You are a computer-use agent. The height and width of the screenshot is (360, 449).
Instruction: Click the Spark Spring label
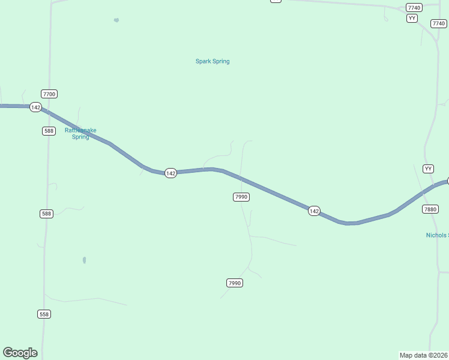(x=212, y=61)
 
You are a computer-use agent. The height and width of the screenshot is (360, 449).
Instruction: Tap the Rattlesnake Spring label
(x=80, y=133)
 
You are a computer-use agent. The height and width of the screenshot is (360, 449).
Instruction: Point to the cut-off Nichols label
(x=437, y=235)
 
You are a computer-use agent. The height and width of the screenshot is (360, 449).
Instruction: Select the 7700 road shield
(x=49, y=94)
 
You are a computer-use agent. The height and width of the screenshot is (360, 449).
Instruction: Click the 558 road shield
(x=44, y=314)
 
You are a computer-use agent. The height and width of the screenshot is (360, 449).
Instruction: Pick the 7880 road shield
(x=430, y=209)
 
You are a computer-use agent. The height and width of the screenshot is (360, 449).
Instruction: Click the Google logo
(x=20, y=353)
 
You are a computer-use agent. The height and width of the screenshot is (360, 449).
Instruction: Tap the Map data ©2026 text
(x=424, y=355)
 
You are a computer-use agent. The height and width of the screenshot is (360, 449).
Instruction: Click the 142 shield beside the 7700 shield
(x=35, y=107)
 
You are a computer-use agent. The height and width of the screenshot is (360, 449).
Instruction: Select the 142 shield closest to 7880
(x=314, y=211)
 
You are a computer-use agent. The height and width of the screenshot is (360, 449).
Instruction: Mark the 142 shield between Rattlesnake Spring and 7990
(x=170, y=173)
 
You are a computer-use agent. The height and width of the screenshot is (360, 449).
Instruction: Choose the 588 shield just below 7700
(x=49, y=131)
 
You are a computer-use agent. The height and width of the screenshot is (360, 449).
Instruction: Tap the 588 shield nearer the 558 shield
(x=46, y=214)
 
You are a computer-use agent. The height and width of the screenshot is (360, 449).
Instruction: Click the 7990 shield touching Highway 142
(x=241, y=197)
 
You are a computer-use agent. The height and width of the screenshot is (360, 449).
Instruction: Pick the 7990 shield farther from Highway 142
(x=235, y=283)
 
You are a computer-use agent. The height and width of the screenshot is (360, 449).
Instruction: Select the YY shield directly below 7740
(x=412, y=18)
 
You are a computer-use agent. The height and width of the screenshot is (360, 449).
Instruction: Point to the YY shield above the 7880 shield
(x=428, y=169)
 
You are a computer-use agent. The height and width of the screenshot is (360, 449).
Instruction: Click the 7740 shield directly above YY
(x=414, y=7)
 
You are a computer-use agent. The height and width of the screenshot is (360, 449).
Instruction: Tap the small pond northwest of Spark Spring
(x=116, y=20)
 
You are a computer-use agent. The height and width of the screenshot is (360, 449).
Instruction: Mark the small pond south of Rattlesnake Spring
(x=85, y=260)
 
